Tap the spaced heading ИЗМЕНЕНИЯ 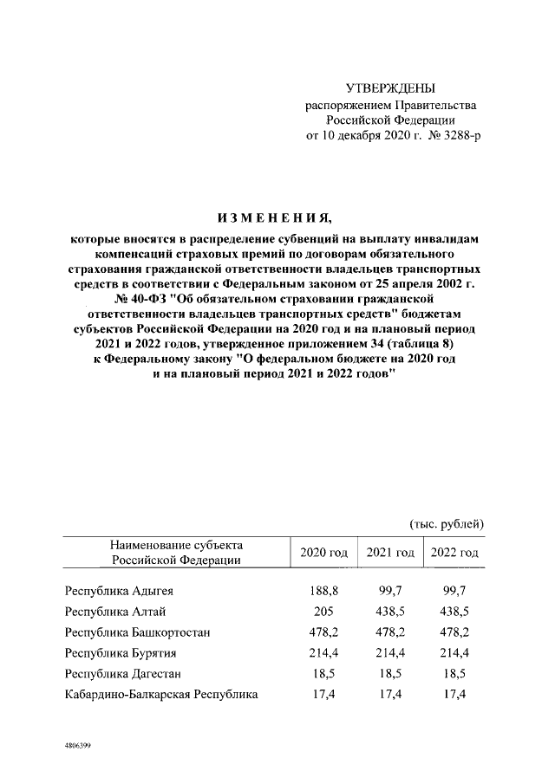point(277,217)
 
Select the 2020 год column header point(323,553)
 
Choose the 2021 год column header point(389,553)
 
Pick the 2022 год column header point(454,553)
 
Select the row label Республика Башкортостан point(137,632)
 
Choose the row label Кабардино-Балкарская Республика point(161,693)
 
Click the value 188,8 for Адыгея point(323,591)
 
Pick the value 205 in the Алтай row point(323,611)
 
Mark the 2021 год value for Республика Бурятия point(389,651)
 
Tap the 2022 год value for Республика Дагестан point(454,672)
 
